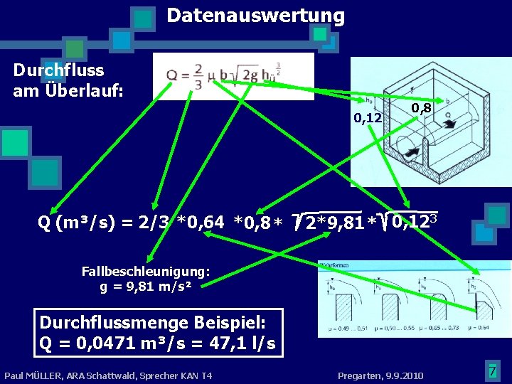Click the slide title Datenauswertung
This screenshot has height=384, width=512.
point(255,16)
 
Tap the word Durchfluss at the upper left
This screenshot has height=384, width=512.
point(58,70)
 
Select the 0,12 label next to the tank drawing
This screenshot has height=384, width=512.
point(368,118)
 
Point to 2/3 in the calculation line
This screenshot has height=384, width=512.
point(154,224)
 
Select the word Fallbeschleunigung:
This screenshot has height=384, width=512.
point(146,271)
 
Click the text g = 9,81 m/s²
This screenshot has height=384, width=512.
point(146,287)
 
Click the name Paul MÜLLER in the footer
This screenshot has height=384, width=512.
point(36,375)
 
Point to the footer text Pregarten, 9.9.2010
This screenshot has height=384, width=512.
point(380,375)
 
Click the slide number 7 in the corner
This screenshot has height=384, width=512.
point(491,370)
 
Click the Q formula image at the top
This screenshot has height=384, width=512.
point(233,76)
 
